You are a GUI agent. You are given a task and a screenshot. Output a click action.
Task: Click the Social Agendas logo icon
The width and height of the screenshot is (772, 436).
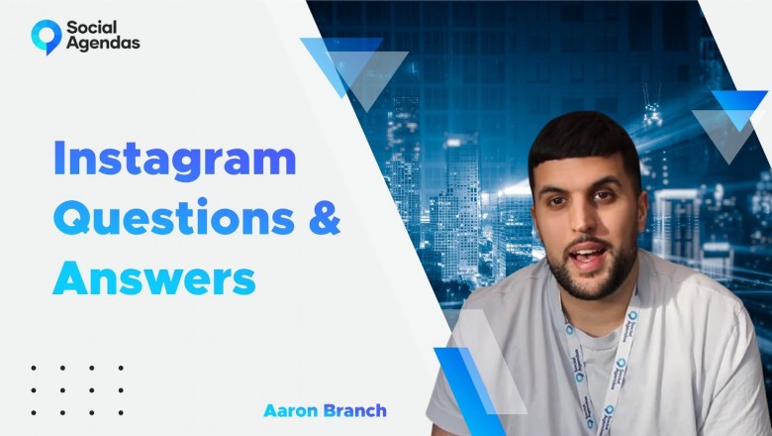click(x=46, y=35)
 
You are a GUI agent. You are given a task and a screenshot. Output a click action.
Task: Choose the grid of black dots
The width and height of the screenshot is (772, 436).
click(x=77, y=389)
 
